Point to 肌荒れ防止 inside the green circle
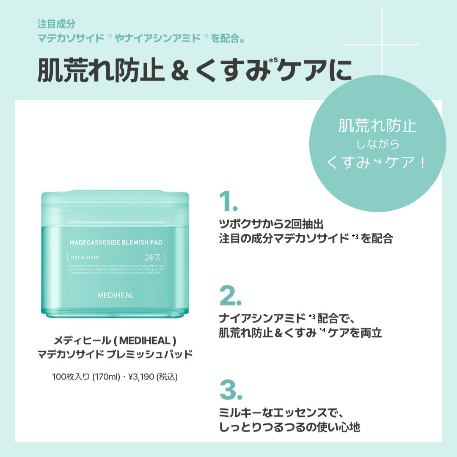[x=377, y=126]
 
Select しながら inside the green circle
[x=378, y=145]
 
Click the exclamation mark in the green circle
[x=422, y=163]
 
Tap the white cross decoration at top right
[x=382, y=44]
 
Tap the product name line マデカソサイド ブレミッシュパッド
[x=115, y=354]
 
